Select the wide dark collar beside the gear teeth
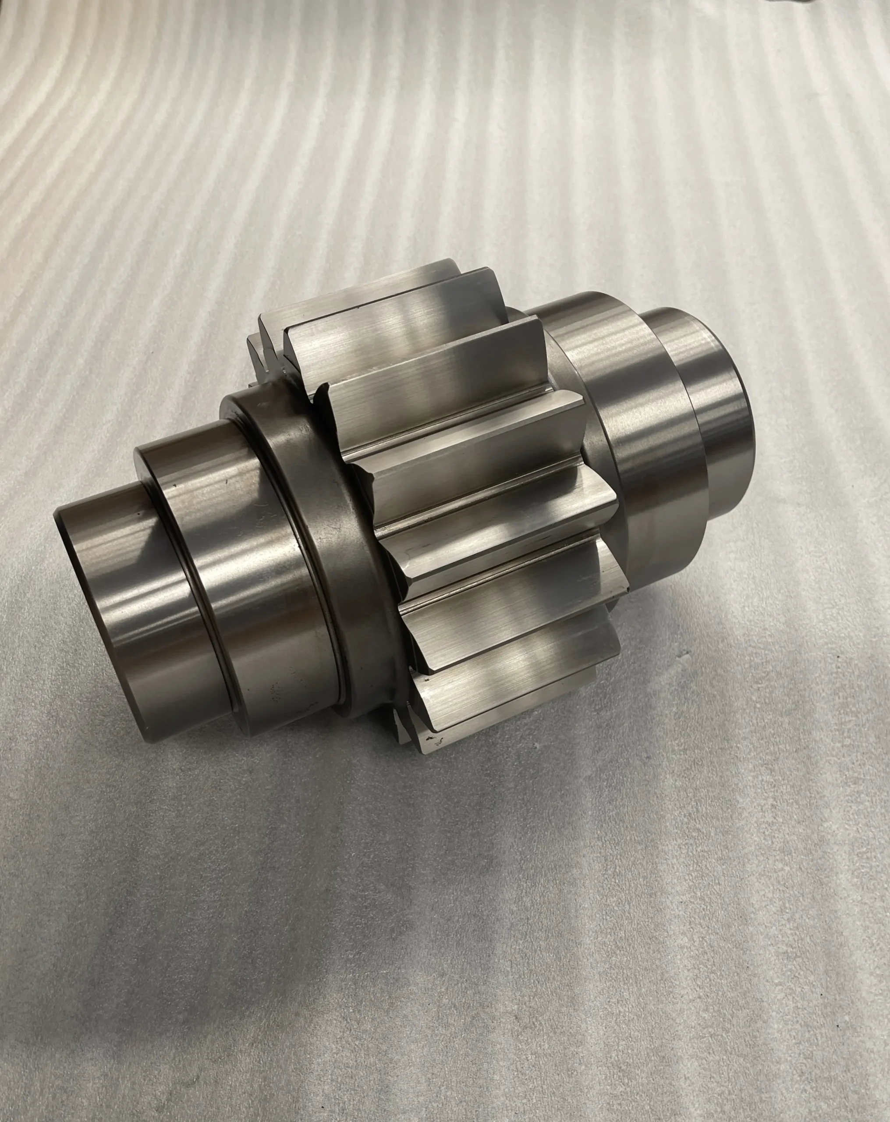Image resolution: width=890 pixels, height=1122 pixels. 333,520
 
